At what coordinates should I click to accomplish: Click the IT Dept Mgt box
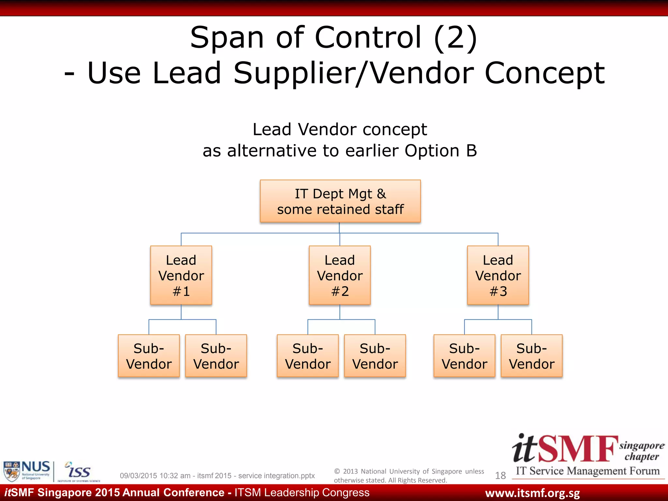(x=340, y=201)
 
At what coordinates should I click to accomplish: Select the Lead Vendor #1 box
(x=181, y=275)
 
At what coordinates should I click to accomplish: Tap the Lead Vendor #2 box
(x=340, y=275)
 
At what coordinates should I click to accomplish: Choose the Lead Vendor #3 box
(x=498, y=275)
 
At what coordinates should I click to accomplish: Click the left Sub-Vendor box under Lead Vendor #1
(x=149, y=356)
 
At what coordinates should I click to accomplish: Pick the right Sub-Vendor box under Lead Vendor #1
(x=216, y=356)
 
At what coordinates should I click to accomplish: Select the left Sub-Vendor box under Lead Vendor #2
(x=308, y=356)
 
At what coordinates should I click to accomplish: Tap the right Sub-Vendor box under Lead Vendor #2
(x=375, y=356)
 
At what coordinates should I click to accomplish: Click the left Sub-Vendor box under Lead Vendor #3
(x=464, y=356)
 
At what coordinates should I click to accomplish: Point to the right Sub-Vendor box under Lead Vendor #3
(x=532, y=356)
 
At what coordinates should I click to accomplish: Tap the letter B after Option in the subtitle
(x=471, y=151)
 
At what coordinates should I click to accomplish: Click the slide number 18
(x=500, y=476)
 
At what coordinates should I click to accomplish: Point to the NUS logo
(x=27, y=471)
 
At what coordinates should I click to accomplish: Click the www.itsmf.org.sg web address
(x=532, y=493)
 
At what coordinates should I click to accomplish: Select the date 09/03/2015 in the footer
(x=138, y=476)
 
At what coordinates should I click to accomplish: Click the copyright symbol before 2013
(x=337, y=471)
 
